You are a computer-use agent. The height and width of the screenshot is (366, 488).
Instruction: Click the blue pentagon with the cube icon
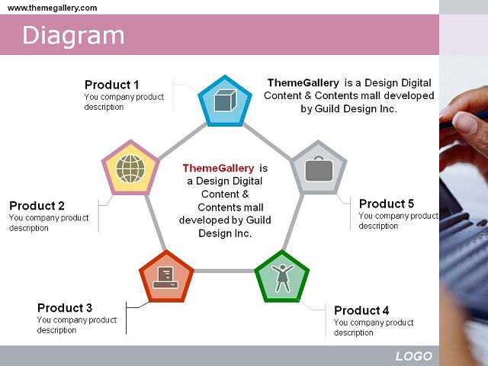click(225, 101)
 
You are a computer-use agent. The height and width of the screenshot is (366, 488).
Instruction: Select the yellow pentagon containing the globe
click(130, 169)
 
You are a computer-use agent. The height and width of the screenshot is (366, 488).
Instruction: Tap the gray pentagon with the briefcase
click(319, 169)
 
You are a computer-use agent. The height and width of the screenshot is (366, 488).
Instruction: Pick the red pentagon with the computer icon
click(166, 277)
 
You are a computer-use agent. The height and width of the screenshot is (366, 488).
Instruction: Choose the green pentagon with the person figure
click(282, 277)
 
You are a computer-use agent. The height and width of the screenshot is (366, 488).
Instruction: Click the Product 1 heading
click(112, 85)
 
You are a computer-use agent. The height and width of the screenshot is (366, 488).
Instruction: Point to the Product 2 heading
click(37, 206)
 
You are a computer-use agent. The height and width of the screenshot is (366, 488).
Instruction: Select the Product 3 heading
click(65, 308)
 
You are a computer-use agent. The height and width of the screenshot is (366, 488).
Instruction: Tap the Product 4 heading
click(361, 310)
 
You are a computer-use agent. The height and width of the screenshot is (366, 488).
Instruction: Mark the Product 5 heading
click(387, 204)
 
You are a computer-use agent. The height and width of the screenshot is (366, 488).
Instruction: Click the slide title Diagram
click(73, 36)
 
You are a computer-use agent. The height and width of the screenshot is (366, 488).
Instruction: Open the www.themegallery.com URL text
click(53, 8)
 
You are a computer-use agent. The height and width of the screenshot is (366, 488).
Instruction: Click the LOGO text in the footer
click(413, 356)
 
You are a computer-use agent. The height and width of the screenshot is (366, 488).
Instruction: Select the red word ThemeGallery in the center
click(219, 168)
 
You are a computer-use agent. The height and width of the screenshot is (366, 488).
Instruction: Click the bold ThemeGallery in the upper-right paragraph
click(303, 83)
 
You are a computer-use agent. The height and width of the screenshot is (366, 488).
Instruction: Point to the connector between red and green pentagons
click(224, 271)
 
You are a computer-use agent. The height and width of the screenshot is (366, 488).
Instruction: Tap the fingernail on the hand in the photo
click(464, 123)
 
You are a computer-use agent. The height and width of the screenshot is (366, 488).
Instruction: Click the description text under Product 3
click(76, 325)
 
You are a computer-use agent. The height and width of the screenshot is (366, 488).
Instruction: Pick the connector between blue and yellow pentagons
click(183, 141)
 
